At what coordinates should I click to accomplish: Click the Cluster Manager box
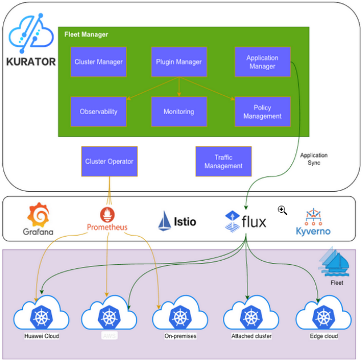point(98,62)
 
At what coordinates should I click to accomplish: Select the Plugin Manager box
point(178,62)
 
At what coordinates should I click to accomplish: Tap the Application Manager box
point(262,62)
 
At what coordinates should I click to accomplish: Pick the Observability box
point(98,111)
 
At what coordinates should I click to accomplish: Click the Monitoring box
point(178,111)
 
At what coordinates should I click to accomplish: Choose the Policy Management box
point(262,111)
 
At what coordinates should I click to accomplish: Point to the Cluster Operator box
point(109,161)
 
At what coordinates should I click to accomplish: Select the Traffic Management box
point(223,161)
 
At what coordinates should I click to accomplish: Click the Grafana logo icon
point(38,215)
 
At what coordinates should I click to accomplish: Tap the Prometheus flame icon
point(107,214)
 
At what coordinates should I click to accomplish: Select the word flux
point(254,221)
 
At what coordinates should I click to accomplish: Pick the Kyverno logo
point(313,216)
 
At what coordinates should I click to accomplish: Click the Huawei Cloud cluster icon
point(41,315)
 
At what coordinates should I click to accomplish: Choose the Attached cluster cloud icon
point(251,315)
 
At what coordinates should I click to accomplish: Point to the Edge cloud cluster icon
point(323,315)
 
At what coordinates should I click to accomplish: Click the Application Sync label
point(314,159)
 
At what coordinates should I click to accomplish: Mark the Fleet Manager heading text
point(86,35)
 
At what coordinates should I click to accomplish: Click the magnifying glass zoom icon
point(282,210)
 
